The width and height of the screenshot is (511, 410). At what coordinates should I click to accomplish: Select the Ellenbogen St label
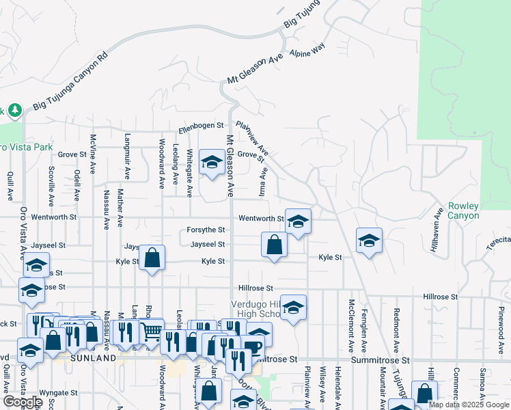coord(202,126)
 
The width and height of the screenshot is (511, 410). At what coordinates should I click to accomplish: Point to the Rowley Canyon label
coord(464,210)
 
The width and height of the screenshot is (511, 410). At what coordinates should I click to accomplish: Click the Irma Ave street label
coord(263,183)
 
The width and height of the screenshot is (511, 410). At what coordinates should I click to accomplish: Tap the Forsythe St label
coord(206,230)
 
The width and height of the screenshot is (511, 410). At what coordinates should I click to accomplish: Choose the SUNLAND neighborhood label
coord(93,357)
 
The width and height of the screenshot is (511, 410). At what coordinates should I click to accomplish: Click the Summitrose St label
coord(380,359)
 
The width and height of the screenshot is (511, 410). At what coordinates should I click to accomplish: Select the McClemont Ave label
coord(351,320)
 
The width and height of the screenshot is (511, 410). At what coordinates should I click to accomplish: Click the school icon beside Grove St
coord(212,162)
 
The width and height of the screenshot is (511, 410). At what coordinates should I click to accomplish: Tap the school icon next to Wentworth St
coord(297,221)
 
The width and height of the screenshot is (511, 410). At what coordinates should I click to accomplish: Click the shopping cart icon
coord(152,331)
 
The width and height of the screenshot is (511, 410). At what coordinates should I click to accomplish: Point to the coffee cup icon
coord(253,346)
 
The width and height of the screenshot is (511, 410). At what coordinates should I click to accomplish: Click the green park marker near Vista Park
coord(14,110)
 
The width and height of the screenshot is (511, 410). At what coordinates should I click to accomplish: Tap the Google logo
coord(23,402)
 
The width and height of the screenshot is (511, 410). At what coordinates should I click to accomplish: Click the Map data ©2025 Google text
coord(469,405)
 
